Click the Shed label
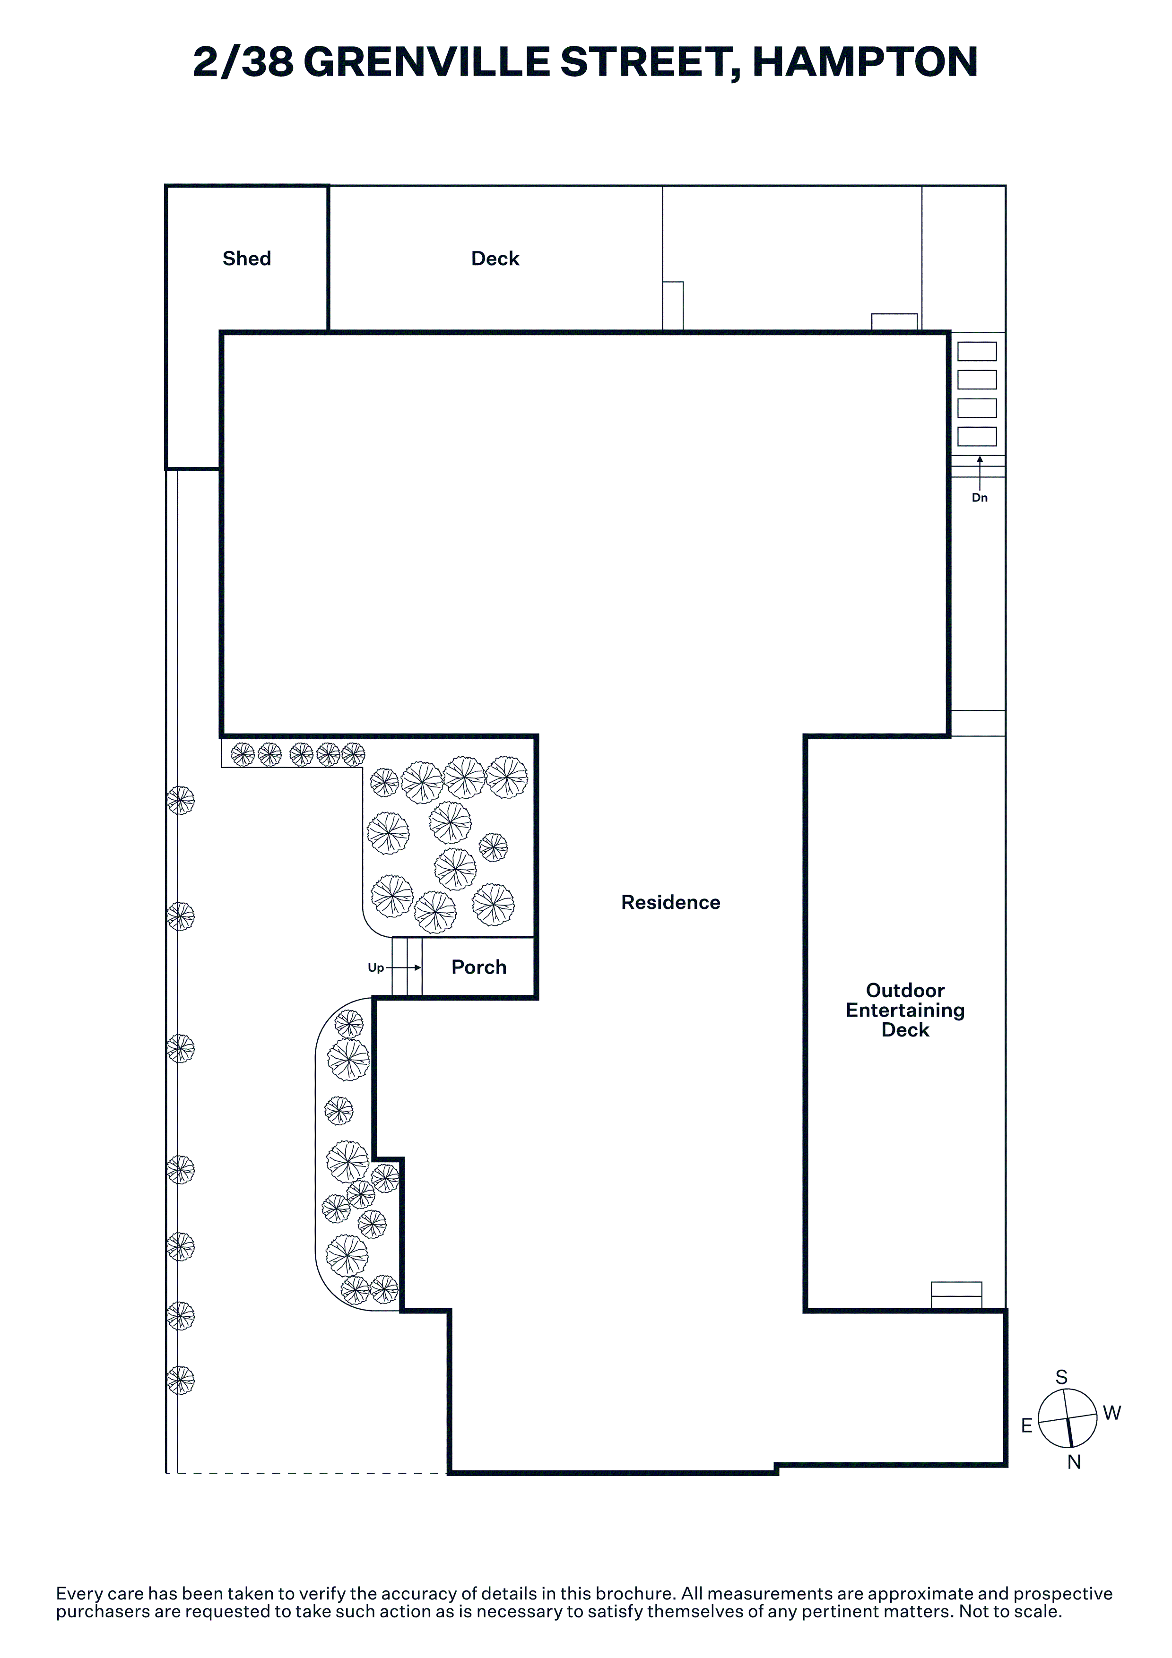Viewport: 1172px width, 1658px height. (x=247, y=259)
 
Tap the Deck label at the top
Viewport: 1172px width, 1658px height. (x=495, y=259)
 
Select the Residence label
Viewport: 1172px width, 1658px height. (x=671, y=903)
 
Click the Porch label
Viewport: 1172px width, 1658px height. (x=479, y=967)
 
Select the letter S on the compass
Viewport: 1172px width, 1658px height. (x=1061, y=1378)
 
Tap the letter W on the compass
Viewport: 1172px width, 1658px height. (x=1112, y=1413)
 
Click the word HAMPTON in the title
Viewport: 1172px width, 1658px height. (x=865, y=61)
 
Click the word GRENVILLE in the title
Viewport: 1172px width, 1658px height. (x=426, y=61)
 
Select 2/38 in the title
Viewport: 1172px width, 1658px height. (x=243, y=61)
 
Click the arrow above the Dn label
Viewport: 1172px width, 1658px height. (x=980, y=473)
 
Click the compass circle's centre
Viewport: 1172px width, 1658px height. (x=1068, y=1418)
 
